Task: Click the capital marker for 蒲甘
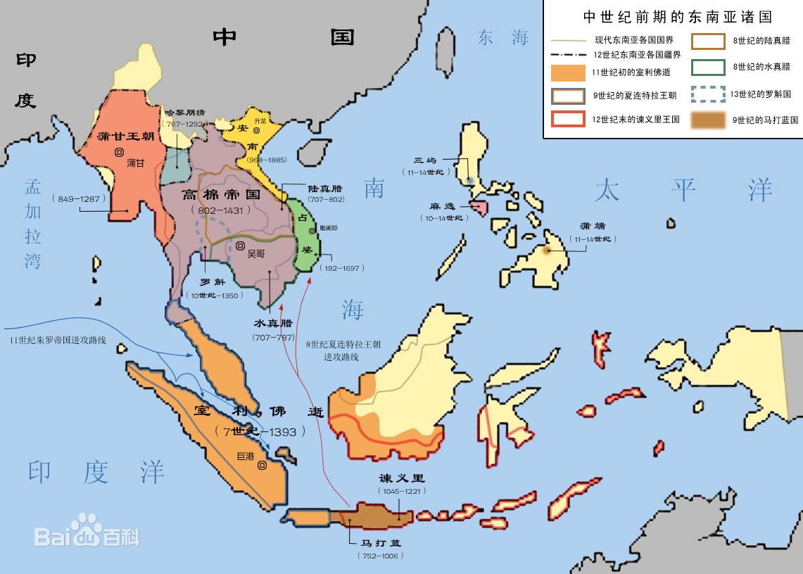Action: tap(120, 151)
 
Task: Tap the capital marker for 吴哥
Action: tap(240, 246)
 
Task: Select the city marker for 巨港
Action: tap(262, 465)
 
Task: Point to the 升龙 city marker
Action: tap(257, 130)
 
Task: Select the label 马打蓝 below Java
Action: tap(380, 543)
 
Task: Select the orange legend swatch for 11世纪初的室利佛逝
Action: tap(568, 72)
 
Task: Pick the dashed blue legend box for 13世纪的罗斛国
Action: tap(707, 94)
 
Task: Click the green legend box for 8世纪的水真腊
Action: tap(707, 68)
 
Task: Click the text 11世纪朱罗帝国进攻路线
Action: tap(58, 340)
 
